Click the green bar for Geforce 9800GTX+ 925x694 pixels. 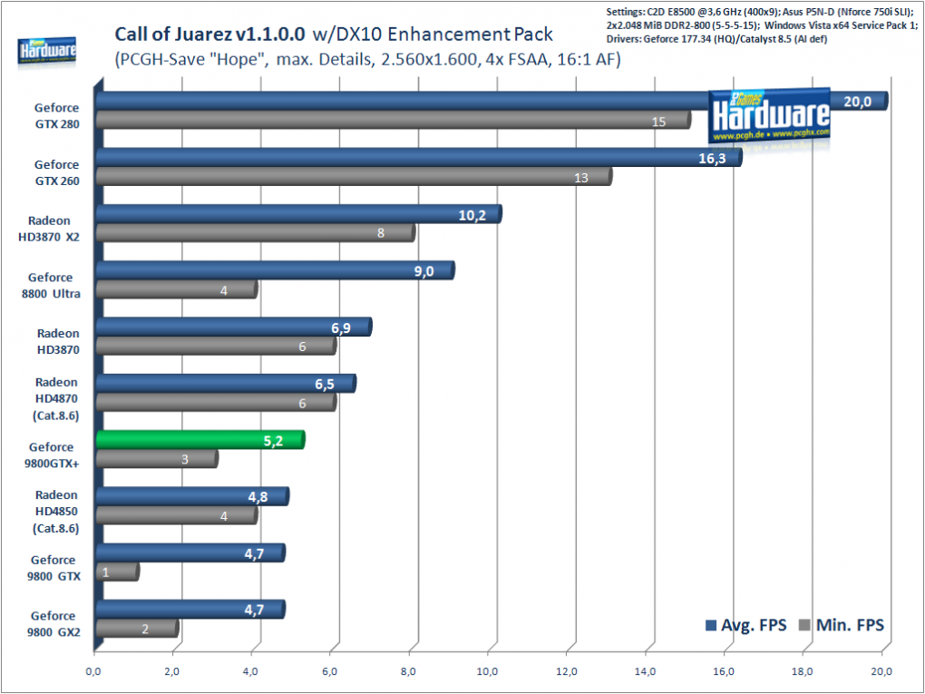pyautogui.click(x=200, y=440)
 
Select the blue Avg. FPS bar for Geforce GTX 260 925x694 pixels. pyautogui.click(x=419, y=158)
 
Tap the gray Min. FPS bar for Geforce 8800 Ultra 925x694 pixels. pyautogui.click(x=177, y=289)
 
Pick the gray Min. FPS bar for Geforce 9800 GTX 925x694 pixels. pyautogui.click(x=117, y=572)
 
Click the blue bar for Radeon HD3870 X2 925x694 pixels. pyautogui.click(x=298, y=214)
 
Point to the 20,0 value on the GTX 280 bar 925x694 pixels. pyautogui.click(x=857, y=102)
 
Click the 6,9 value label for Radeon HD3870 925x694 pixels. pyautogui.click(x=341, y=328)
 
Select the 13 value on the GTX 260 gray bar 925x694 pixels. pyautogui.click(x=581, y=178)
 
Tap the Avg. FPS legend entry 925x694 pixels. pyautogui.click(x=745, y=625)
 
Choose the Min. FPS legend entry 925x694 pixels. pyautogui.click(x=841, y=625)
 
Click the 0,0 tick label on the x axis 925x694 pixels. pyautogui.click(x=93, y=671)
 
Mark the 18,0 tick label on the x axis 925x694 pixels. pyautogui.click(x=803, y=671)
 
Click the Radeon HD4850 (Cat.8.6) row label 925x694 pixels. pyautogui.click(x=56, y=512)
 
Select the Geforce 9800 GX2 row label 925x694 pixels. pyautogui.click(x=54, y=624)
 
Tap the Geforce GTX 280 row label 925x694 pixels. pyautogui.click(x=56, y=116)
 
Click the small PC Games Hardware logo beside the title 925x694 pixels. pyautogui.click(x=46, y=52)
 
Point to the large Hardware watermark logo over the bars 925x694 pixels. pyautogui.click(x=769, y=116)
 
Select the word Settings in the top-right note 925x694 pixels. pyautogui.click(x=623, y=11)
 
